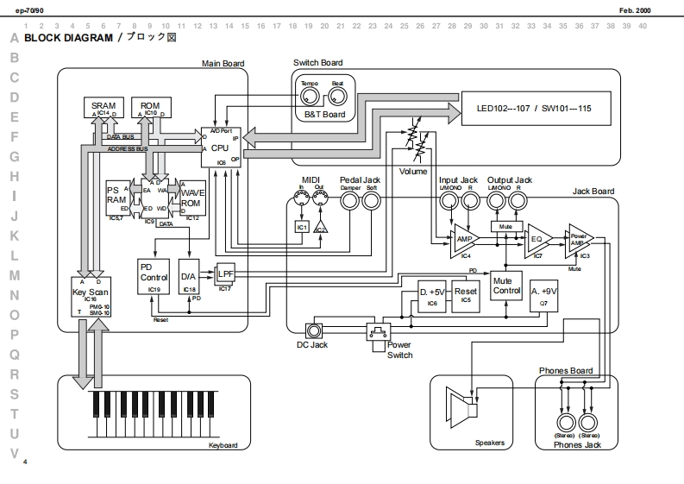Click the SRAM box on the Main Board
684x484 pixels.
[104, 108]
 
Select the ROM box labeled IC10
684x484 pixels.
[150, 108]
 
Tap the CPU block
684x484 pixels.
[221, 148]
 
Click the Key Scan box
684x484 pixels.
[91, 298]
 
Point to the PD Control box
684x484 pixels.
[154, 277]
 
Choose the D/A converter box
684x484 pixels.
[190, 279]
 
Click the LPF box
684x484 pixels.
[225, 273]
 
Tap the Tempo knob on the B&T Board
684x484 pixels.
[310, 93]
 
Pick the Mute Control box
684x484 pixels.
[506, 286]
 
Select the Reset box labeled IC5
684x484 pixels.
[466, 293]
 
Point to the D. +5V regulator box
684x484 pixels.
[431, 293]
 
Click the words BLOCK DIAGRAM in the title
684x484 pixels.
[69, 39]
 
